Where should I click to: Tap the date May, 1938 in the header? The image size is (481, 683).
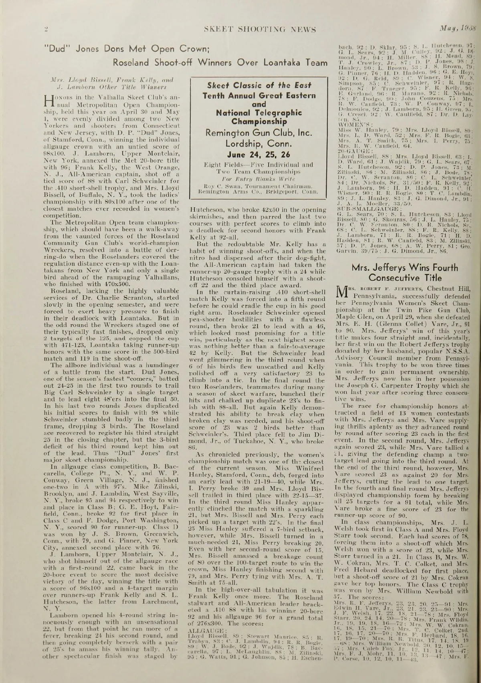457,29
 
